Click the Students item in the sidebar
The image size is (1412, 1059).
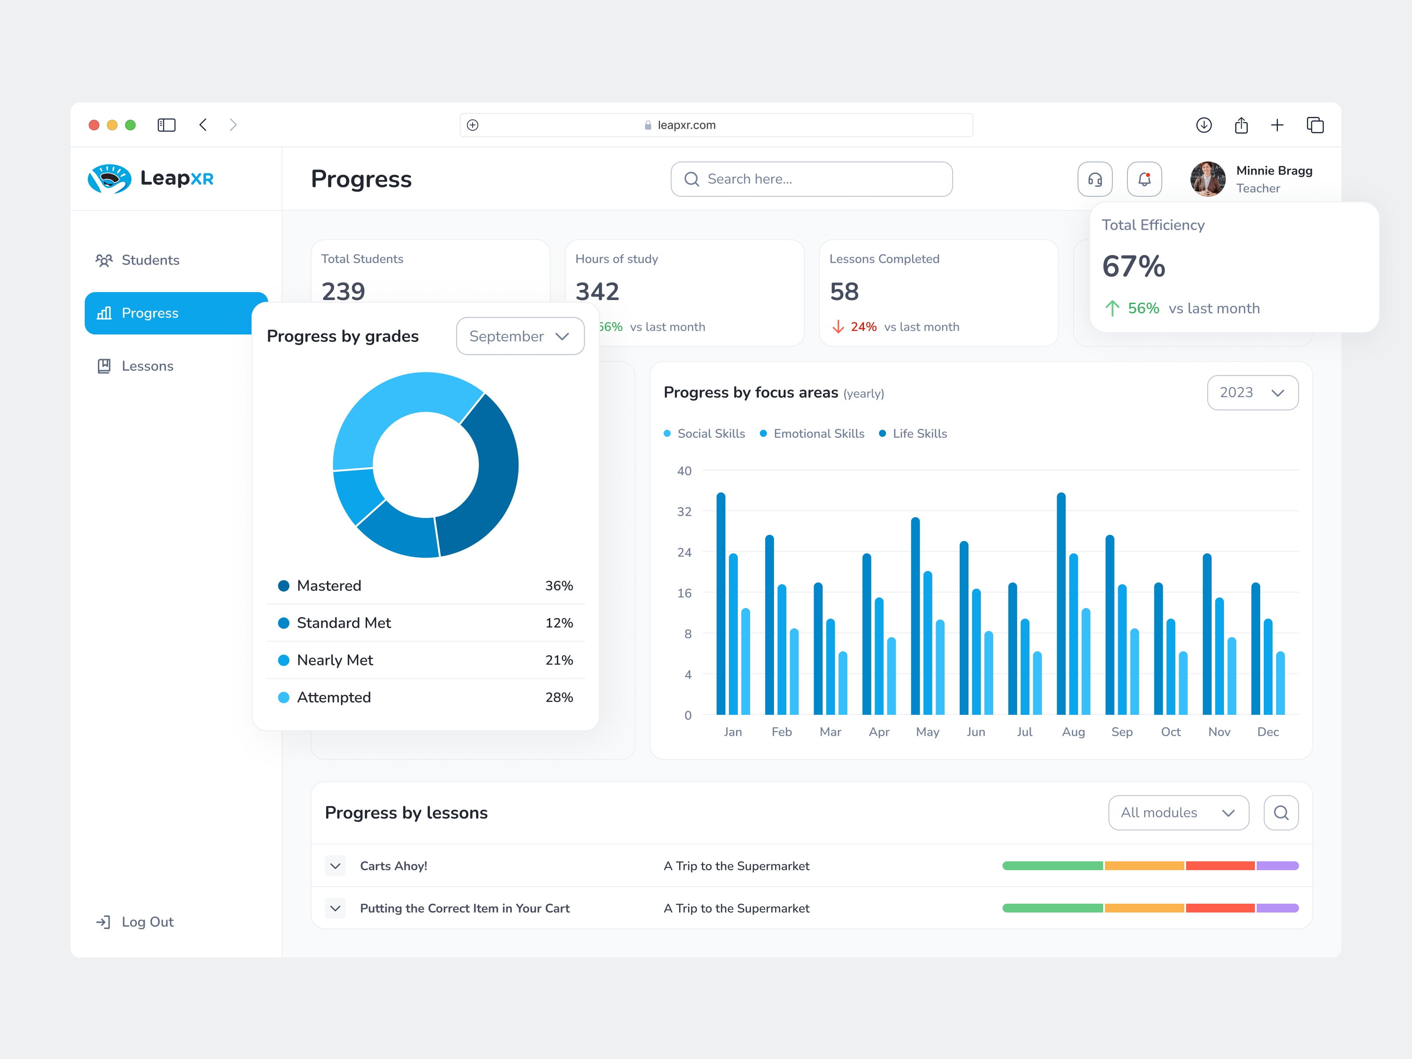click(x=150, y=260)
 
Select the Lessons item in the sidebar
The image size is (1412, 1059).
click(x=147, y=366)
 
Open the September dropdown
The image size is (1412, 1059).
click(x=520, y=336)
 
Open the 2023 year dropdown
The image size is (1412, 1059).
click(x=1252, y=393)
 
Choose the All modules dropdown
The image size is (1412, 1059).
click(x=1178, y=813)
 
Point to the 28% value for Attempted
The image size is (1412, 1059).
click(x=559, y=697)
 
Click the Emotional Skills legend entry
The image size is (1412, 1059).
click(x=819, y=433)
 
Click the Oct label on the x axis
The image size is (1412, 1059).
click(x=1170, y=732)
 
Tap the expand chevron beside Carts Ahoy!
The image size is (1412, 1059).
click(x=335, y=866)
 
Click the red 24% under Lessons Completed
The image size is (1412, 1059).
click(x=863, y=327)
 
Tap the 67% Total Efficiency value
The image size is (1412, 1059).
click(x=1134, y=266)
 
